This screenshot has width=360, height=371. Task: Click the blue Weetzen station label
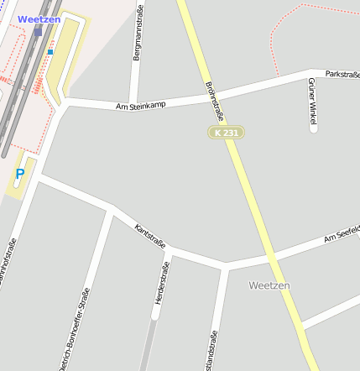39,19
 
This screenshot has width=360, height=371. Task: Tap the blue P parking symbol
20,175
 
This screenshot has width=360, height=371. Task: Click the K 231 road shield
226,133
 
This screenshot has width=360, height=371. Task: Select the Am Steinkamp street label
141,105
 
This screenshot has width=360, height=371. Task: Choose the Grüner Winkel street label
312,103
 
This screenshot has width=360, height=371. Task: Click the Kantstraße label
150,236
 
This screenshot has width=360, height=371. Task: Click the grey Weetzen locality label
269,285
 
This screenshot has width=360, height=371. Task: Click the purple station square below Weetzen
38,33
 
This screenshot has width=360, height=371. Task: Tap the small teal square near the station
50,52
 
